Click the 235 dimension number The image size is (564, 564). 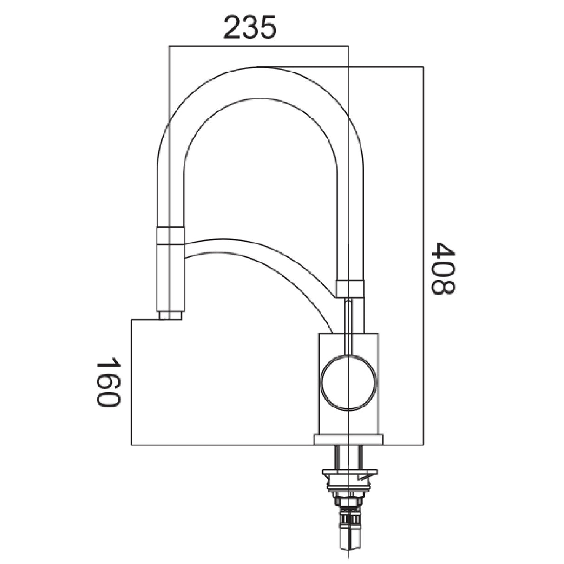point(250,27)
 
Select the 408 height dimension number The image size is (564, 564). point(443,268)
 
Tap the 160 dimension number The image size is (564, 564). point(108,382)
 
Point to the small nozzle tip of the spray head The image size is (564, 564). point(171,316)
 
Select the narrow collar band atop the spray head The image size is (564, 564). point(171,235)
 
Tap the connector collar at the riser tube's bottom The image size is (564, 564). point(349,289)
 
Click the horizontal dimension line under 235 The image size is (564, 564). point(258,46)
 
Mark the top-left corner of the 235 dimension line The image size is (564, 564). point(169,46)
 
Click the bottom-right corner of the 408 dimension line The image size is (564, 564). point(423,445)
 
